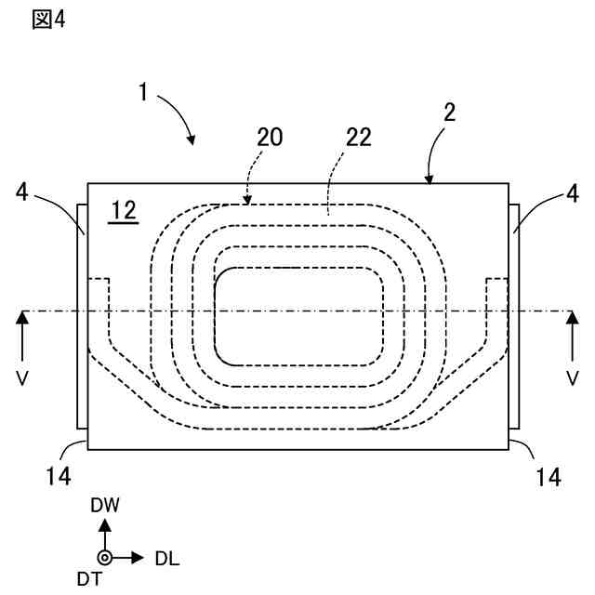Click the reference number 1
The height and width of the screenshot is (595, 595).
click(144, 92)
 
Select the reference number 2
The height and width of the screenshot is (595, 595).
click(449, 112)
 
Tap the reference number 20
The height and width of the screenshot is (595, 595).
click(269, 138)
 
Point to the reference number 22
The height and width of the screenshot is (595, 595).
click(357, 138)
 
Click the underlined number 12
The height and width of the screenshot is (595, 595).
click(123, 210)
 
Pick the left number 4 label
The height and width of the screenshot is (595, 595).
click(23, 193)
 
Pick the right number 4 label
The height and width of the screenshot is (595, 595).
click(572, 193)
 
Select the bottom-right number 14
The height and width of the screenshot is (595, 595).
click(549, 477)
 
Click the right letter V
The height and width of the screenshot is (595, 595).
click(572, 379)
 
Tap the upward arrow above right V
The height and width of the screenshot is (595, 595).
click(572, 330)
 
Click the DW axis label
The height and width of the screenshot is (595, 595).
click(105, 506)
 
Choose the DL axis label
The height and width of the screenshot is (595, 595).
click(167, 559)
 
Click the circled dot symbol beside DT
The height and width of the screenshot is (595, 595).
click(105, 558)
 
